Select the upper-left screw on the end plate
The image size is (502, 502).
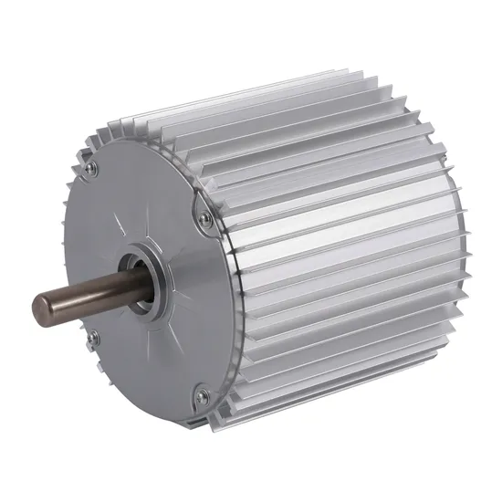coord(89,168)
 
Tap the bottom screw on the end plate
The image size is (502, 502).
coord(204,395)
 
